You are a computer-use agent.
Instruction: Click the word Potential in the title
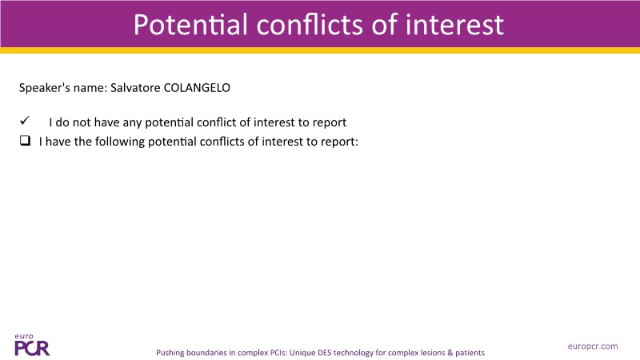coord(190,25)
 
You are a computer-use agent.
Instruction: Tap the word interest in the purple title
coord(454,25)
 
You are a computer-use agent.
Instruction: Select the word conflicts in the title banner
coord(309,25)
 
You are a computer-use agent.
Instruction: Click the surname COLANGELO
coord(197,88)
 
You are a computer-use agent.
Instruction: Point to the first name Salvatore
coord(135,88)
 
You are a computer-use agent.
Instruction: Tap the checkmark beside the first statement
coord(25,121)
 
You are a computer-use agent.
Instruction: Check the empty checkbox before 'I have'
coord(25,141)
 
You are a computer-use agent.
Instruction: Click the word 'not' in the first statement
coord(82,122)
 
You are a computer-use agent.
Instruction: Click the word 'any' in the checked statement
coord(132,123)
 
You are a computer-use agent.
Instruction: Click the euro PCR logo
coord(32,346)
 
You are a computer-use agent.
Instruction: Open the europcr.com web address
coord(593,346)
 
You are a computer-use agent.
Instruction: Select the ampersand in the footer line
coord(450,353)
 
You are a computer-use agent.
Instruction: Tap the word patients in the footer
coord(470,353)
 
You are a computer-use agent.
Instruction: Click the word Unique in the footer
coord(302,353)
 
